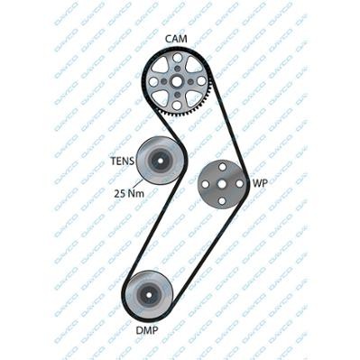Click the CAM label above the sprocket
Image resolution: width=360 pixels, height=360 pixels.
click(176, 38)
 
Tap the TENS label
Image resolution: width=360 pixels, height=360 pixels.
click(121, 163)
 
